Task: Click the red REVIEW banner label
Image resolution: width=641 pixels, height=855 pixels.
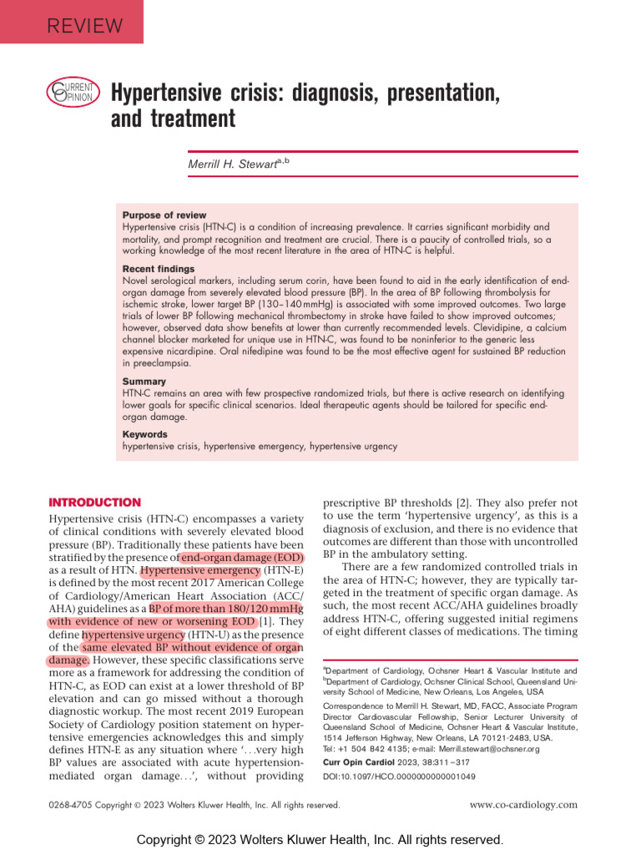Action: point(84,25)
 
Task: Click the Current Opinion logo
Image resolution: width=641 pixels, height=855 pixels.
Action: point(73,93)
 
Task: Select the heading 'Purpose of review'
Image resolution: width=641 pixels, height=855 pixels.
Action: point(164,215)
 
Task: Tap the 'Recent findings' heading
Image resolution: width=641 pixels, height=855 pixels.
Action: point(159,269)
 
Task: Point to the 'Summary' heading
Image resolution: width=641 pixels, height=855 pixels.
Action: point(144,382)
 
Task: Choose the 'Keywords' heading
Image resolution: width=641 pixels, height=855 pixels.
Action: point(145,434)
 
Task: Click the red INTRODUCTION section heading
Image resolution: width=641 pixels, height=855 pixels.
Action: point(95,503)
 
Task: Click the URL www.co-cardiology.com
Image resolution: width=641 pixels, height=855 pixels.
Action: point(523,805)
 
